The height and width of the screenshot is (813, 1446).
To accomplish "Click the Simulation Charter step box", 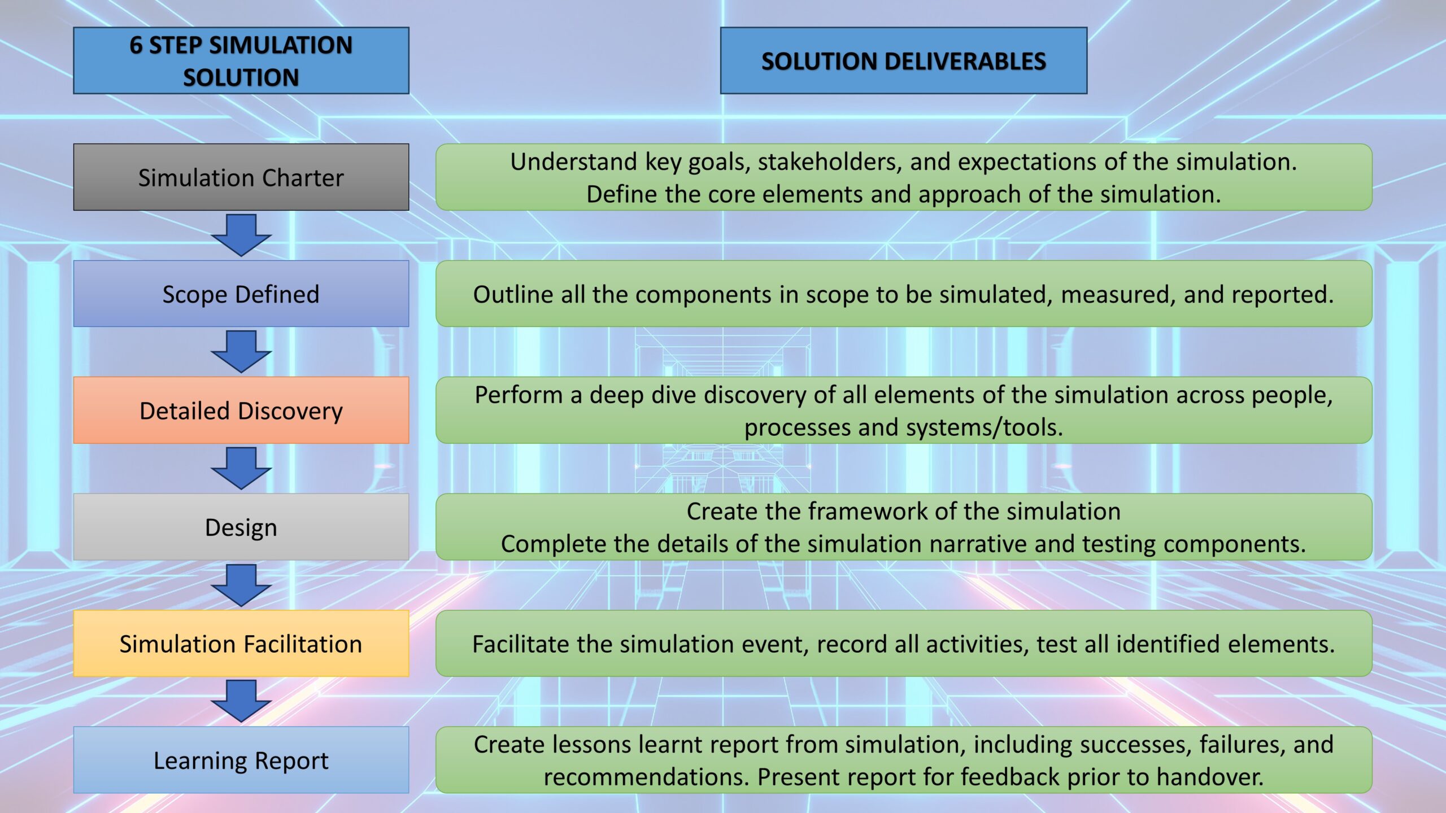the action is tap(241, 177).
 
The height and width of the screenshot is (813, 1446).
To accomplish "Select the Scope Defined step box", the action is tap(241, 294).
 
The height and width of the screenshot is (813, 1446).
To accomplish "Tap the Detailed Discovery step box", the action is tap(241, 410).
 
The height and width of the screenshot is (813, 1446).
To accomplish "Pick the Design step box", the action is tap(241, 527).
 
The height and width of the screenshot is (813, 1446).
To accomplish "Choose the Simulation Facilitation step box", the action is tap(241, 644).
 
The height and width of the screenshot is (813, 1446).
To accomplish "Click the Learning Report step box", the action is tap(241, 760).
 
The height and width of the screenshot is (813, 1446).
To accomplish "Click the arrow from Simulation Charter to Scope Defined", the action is tap(241, 235).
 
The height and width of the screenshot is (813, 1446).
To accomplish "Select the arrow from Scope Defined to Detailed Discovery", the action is tap(241, 352).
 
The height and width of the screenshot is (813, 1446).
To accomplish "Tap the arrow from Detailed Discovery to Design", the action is tap(241, 469).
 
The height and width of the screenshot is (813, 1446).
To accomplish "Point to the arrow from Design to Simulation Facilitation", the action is tap(241, 585).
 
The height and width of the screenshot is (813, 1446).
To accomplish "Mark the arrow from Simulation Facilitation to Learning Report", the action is tap(241, 701).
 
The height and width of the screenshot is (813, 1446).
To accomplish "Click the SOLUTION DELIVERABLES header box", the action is tap(904, 60).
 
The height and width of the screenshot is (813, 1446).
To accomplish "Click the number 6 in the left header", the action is tap(136, 45).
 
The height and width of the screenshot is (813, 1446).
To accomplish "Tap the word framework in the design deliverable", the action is tap(868, 512).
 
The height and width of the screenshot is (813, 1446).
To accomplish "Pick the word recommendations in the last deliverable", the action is tap(646, 777).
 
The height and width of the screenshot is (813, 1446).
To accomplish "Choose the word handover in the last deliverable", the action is tap(1210, 777).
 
